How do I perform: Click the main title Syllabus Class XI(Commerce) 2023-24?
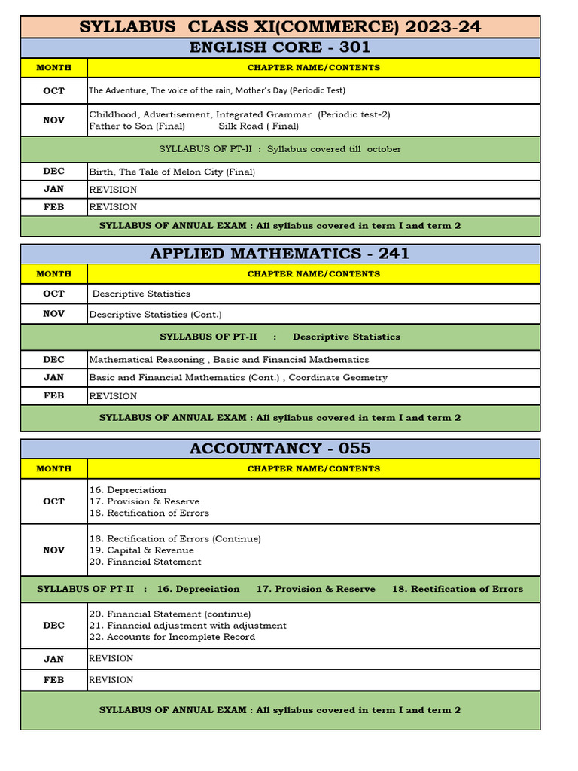tap(280, 28)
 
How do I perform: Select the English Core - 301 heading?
tap(280, 48)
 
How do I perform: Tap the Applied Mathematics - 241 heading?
tap(280, 254)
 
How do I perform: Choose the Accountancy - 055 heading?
tap(280, 449)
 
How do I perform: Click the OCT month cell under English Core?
tap(53, 90)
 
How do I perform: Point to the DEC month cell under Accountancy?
tap(53, 626)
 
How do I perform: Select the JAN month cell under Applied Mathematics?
tap(53, 377)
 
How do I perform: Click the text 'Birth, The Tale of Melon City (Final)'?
tap(172, 172)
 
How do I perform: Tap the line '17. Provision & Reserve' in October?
tap(144, 501)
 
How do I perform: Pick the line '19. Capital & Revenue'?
tap(141, 550)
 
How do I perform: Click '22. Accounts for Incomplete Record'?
tap(172, 637)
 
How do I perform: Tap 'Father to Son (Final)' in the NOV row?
tap(136, 126)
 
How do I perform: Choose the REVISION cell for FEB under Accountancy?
tap(111, 680)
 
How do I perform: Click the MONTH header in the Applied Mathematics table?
tap(53, 274)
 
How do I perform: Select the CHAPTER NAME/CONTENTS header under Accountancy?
tap(313, 469)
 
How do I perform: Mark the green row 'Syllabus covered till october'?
tap(280, 149)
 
